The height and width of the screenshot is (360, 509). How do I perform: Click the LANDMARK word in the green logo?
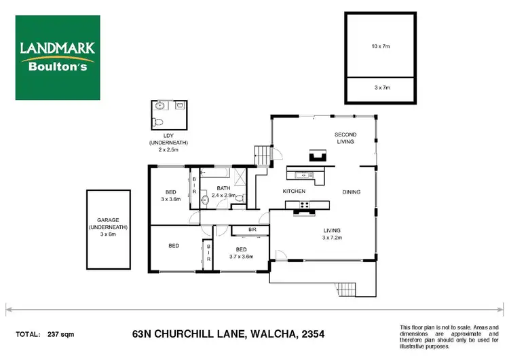[x=57, y=48]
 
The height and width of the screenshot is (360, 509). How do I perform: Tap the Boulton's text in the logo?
[x=58, y=67]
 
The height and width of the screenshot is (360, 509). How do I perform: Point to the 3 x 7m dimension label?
[x=380, y=88]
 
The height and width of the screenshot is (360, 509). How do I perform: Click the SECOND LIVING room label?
[x=345, y=139]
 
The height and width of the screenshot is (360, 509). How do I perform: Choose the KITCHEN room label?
[x=294, y=192]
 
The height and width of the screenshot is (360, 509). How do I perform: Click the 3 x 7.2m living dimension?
[x=335, y=237]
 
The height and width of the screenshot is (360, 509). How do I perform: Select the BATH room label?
[x=224, y=187]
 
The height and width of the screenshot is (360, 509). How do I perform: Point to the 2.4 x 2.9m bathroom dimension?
[x=223, y=195]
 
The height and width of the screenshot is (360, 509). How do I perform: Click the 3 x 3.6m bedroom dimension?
[x=171, y=200]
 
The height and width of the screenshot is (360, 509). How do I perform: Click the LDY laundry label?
[x=168, y=136]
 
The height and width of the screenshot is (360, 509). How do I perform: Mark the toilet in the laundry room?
[x=157, y=122]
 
